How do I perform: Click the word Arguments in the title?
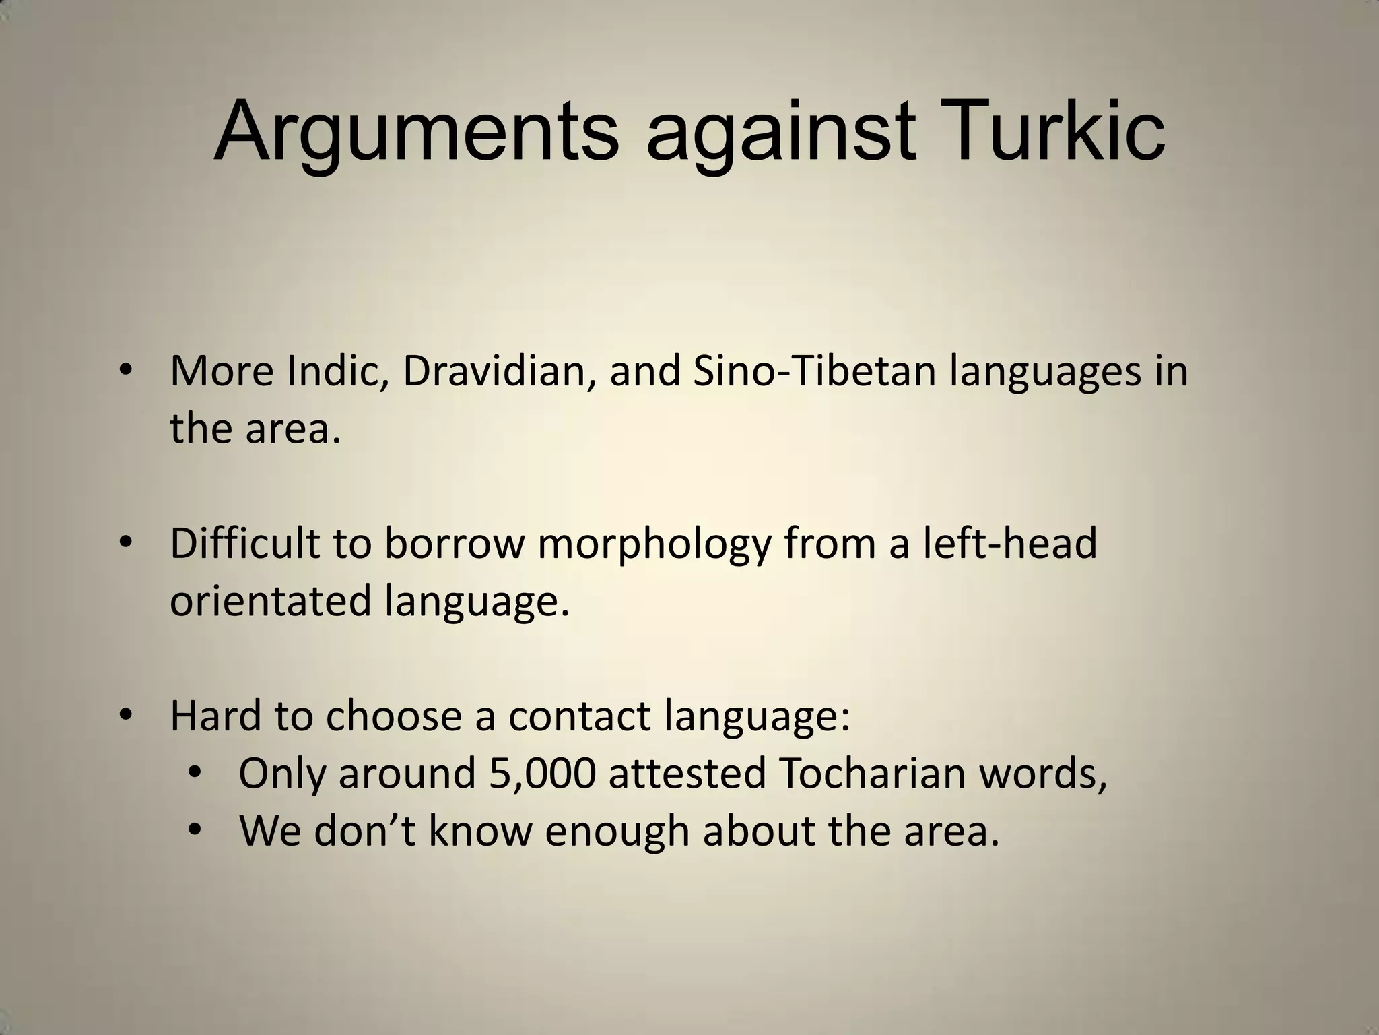415,131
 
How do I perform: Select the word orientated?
270,600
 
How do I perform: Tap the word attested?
687,774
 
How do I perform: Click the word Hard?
215,716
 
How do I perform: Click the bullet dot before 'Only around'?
195,773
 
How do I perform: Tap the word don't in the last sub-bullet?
367,832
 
